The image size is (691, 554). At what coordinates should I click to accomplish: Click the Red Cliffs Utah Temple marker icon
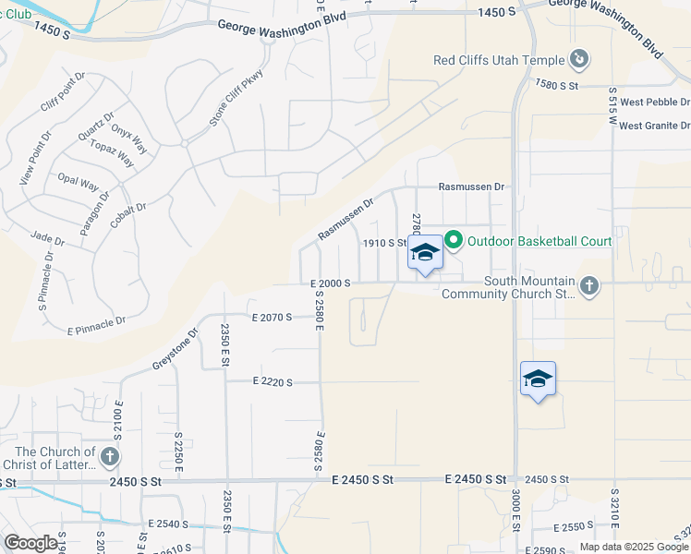[x=578, y=61]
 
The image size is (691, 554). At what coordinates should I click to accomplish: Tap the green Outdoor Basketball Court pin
[x=454, y=241]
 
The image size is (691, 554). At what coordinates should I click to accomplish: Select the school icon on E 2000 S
[x=425, y=253]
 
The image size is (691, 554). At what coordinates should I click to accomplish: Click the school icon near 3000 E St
[x=538, y=379]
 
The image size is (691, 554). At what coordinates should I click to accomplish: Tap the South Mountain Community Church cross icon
[x=588, y=286]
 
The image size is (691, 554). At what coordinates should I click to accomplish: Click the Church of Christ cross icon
[x=109, y=456]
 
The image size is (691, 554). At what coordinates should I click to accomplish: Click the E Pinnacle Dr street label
[x=96, y=324]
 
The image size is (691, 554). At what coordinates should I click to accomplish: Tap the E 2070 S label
[x=272, y=317]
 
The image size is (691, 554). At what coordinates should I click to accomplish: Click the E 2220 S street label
[x=272, y=381]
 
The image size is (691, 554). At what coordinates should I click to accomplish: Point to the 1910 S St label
[x=384, y=243]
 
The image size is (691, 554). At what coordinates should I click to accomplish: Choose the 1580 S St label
[x=556, y=85]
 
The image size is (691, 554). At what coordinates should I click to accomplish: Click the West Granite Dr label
[x=654, y=126]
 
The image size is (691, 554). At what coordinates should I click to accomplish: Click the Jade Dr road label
[x=47, y=239]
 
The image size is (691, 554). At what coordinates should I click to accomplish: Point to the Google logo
[x=30, y=543]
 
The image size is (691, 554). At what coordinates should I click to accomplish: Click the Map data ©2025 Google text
[x=635, y=547]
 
